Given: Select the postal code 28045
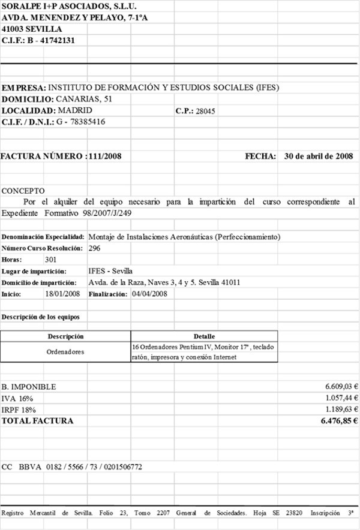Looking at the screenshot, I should pos(206,112).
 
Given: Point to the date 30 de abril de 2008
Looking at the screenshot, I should pos(318,156).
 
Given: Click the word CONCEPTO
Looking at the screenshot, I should pos(19,191).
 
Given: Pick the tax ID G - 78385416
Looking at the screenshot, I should pos(80,122).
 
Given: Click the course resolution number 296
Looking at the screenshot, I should pos(94,248).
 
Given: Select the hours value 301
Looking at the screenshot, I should pos(51,260).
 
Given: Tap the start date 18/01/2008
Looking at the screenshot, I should pos(62,294).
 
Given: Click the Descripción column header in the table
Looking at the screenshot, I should pos(65,336).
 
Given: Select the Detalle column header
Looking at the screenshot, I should pos(204,336).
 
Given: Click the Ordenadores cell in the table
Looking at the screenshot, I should pos(65,352).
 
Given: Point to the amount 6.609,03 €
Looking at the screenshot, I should pos(341,387).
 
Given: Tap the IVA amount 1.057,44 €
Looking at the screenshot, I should pos(341,398).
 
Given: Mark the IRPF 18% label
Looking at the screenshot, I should pos(19,409).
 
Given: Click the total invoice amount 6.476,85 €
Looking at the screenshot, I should pos(339,421).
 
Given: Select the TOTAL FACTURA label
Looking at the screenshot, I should pos(37,421).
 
